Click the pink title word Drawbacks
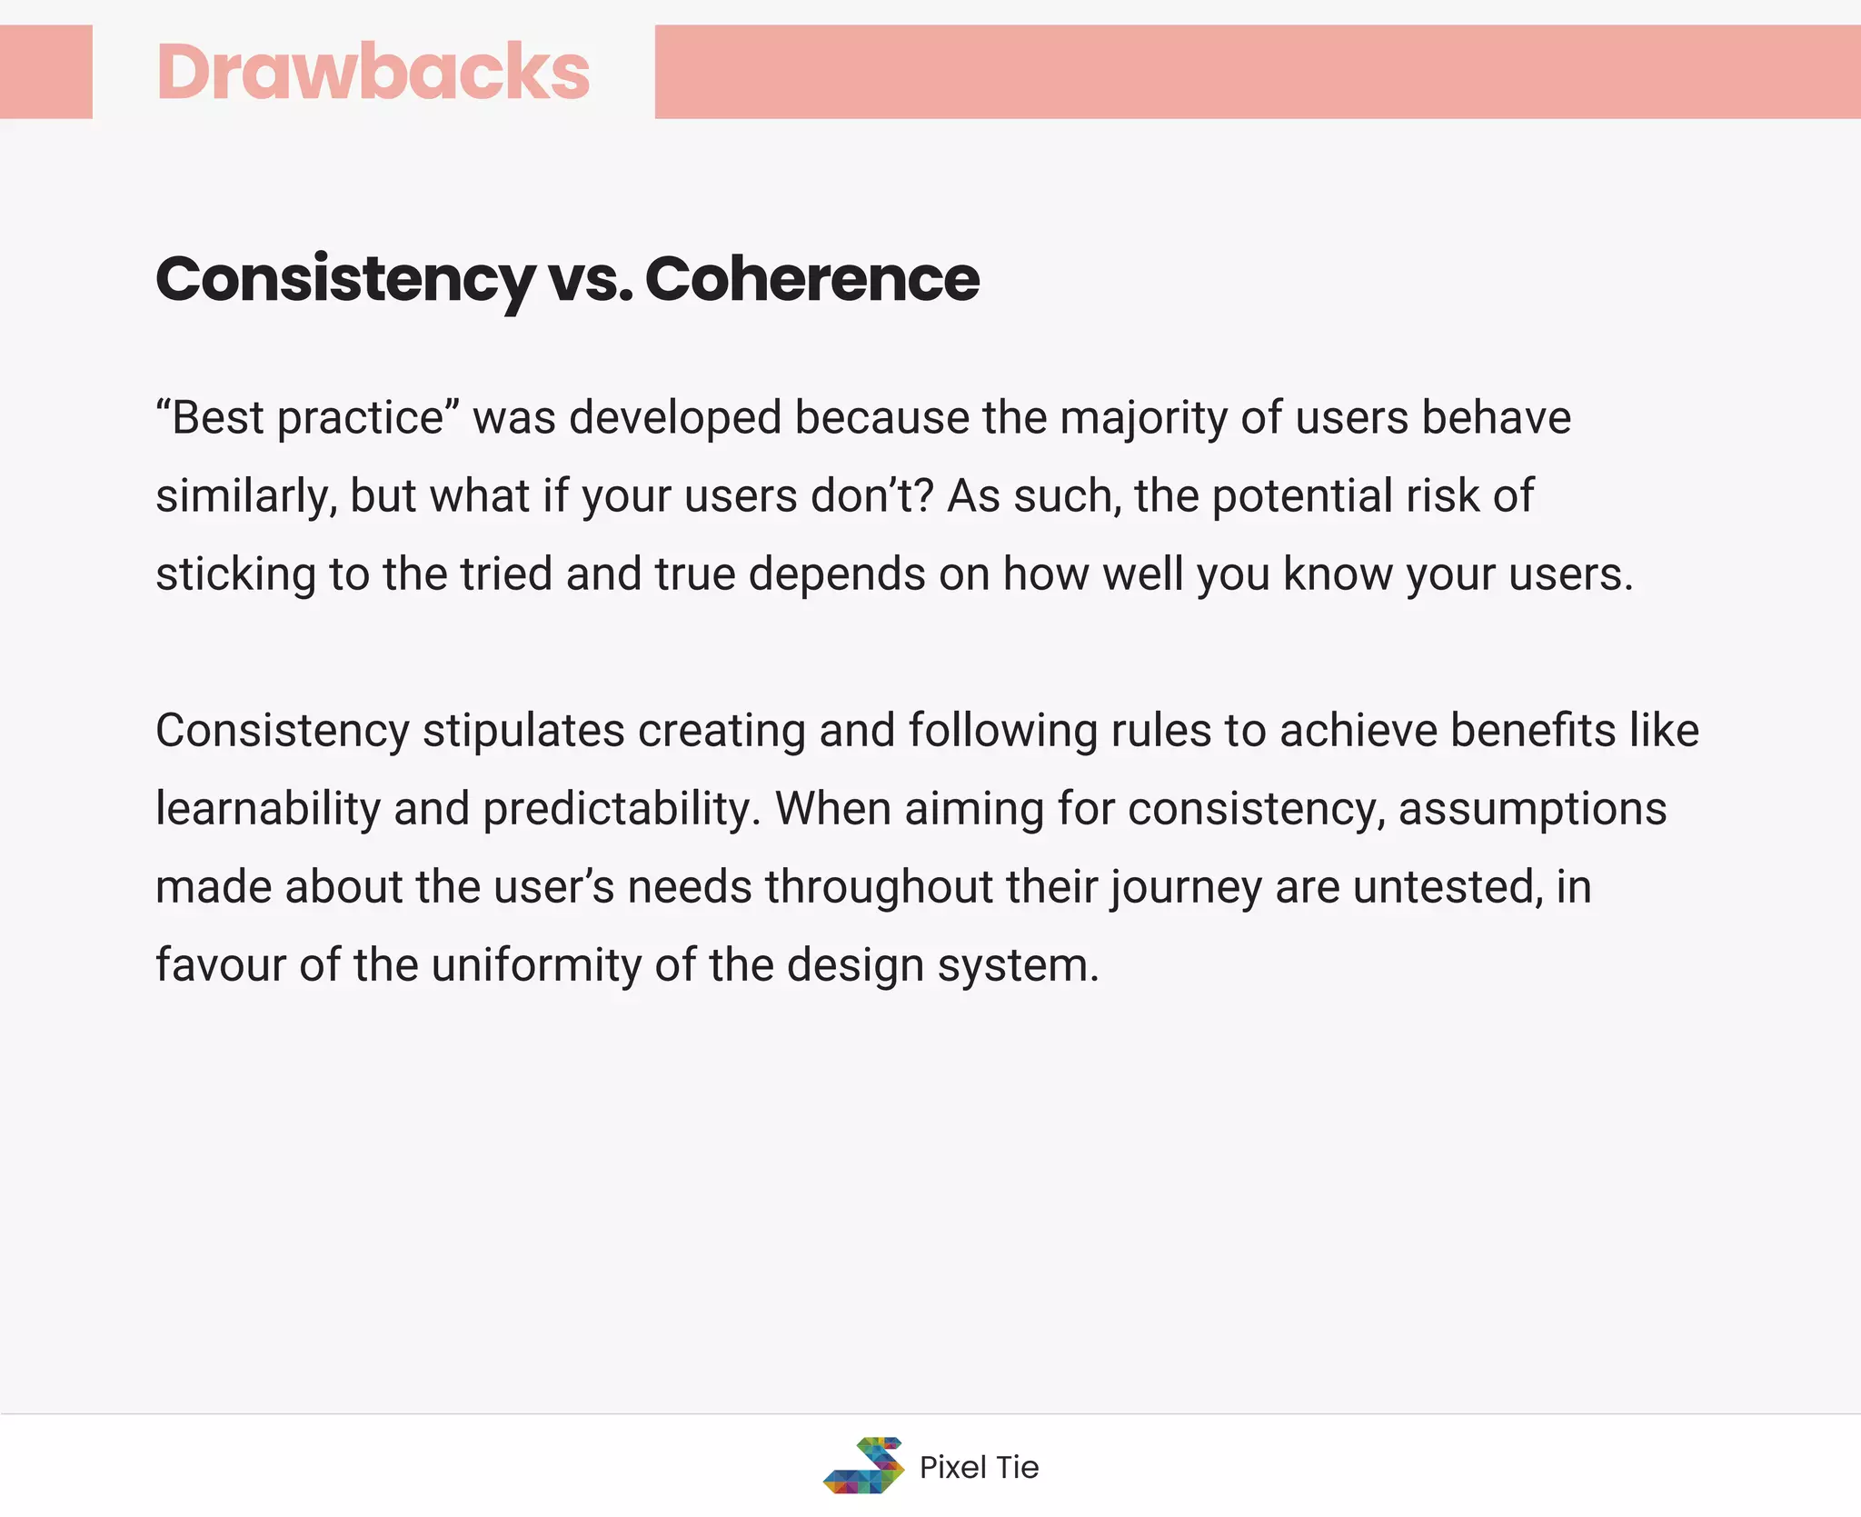[373, 72]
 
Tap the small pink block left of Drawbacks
[45, 72]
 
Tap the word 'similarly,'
[246, 496]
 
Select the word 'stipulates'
[523, 731]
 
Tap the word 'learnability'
[268, 809]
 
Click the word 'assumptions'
[1532, 809]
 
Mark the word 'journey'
[1186, 887]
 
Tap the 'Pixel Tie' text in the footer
[979, 1467]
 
